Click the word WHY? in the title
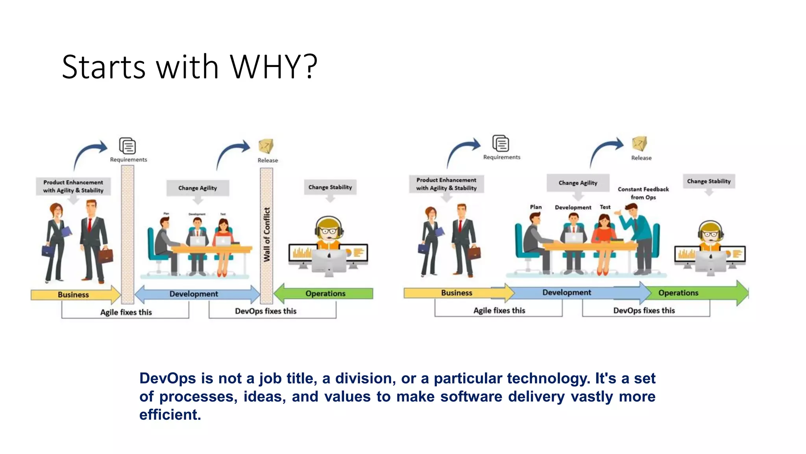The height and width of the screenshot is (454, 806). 273,67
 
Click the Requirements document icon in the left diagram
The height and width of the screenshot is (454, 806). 128,146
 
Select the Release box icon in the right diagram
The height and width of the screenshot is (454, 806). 639,143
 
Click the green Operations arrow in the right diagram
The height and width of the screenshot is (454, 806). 693,293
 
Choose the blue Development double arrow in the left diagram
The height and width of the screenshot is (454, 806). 194,294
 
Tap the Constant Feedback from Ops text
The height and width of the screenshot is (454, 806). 643,193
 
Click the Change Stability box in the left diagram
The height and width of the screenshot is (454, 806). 330,187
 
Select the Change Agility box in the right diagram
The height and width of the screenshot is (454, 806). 578,183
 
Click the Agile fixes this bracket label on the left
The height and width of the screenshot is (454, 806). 126,312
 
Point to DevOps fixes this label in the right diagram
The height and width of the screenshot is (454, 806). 644,311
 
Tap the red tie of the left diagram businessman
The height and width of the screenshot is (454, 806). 90,225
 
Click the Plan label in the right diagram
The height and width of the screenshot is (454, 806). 536,207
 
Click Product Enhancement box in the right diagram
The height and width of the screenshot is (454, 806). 446,184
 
